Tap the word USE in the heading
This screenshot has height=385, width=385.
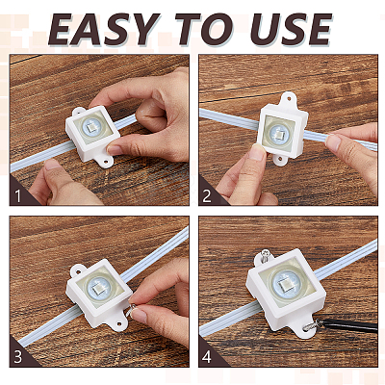coord(291,29)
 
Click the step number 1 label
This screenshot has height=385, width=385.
coord(18,196)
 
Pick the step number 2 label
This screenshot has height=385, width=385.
coord(207,196)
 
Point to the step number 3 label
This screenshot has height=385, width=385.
coord(18,357)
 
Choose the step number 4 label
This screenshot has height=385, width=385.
coord(207,357)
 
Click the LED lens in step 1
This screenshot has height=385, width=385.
coord(92,127)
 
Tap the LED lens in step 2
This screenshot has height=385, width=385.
coord(278,133)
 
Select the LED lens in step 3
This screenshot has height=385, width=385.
coord(99,286)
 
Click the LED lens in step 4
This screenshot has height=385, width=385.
coord(287,283)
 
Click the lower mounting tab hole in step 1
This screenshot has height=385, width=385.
coord(105,161)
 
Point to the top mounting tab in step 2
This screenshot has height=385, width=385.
coord(289,99)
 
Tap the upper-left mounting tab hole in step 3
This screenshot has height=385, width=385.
coord(77,269)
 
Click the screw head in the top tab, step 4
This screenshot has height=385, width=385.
coord(266,254)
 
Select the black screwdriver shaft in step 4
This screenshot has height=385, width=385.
coord(349,324)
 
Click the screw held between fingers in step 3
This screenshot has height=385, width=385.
coord(132,308)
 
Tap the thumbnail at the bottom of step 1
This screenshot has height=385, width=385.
coord(52,165)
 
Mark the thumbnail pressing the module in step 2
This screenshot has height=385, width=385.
coord(257,152)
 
